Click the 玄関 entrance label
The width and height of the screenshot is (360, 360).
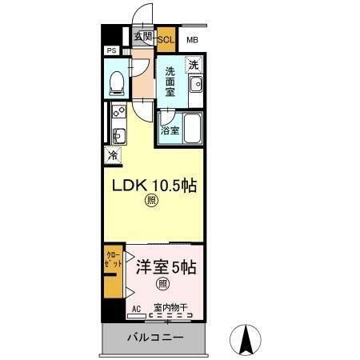click(142, 37)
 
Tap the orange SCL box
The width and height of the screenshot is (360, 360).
click(166, 38)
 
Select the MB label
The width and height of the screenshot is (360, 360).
click(193, 39)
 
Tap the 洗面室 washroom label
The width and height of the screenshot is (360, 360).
click(170, 82)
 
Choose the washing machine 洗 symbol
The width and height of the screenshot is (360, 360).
click(194, 65)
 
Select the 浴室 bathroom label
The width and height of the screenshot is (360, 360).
click(169, 130)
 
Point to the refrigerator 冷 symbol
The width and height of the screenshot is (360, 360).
click(113, 156)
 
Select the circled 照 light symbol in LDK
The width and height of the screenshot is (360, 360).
click(151, 203)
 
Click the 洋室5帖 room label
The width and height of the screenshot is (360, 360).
click(165, 266)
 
